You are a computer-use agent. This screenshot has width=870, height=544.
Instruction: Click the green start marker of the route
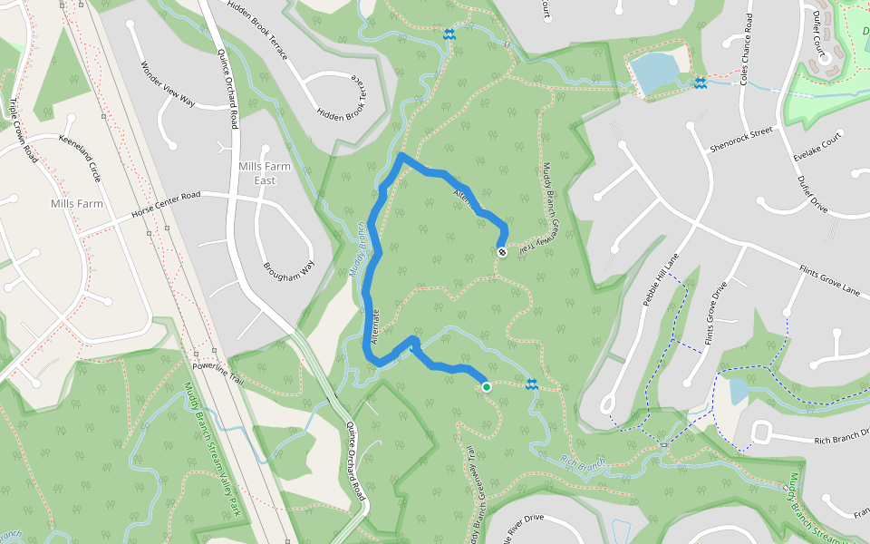487,387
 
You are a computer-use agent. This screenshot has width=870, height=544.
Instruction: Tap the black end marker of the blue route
502,251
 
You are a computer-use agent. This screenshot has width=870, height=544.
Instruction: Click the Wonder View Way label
168,84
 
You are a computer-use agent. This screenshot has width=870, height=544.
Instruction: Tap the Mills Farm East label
256,173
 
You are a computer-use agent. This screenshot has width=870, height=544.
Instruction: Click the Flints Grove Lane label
828,281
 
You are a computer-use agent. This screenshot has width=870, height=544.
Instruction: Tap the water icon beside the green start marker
533,385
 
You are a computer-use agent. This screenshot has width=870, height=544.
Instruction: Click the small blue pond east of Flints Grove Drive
738,391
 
